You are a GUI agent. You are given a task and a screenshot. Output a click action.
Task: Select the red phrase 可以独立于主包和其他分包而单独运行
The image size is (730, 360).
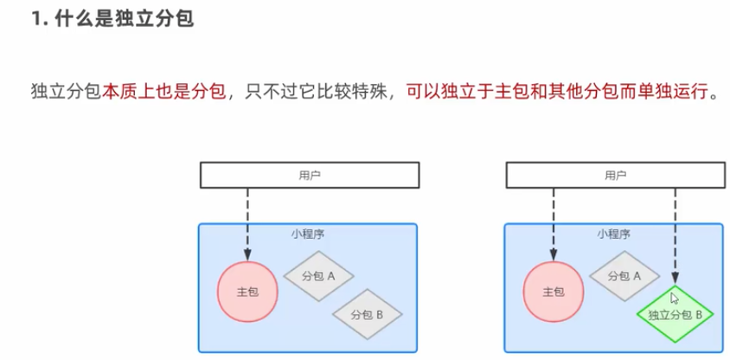pos(556,92)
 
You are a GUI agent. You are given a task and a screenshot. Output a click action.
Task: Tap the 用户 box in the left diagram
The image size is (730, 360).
pos(309,175)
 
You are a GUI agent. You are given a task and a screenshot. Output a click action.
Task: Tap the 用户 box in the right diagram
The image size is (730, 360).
pos(614,175)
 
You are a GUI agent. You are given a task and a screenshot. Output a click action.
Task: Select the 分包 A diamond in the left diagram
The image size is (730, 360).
pos(319,276)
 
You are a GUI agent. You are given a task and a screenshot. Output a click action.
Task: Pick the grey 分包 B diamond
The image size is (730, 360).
pos(368,313)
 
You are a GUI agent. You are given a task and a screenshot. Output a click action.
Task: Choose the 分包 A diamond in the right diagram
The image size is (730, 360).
pos(624,276)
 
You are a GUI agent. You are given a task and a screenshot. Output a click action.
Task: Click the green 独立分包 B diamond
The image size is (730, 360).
pos(675,314)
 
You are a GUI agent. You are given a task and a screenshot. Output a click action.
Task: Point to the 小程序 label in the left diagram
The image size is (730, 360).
pos(308,234)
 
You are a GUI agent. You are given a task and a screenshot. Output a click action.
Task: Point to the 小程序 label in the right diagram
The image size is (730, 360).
pos(613,234)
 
